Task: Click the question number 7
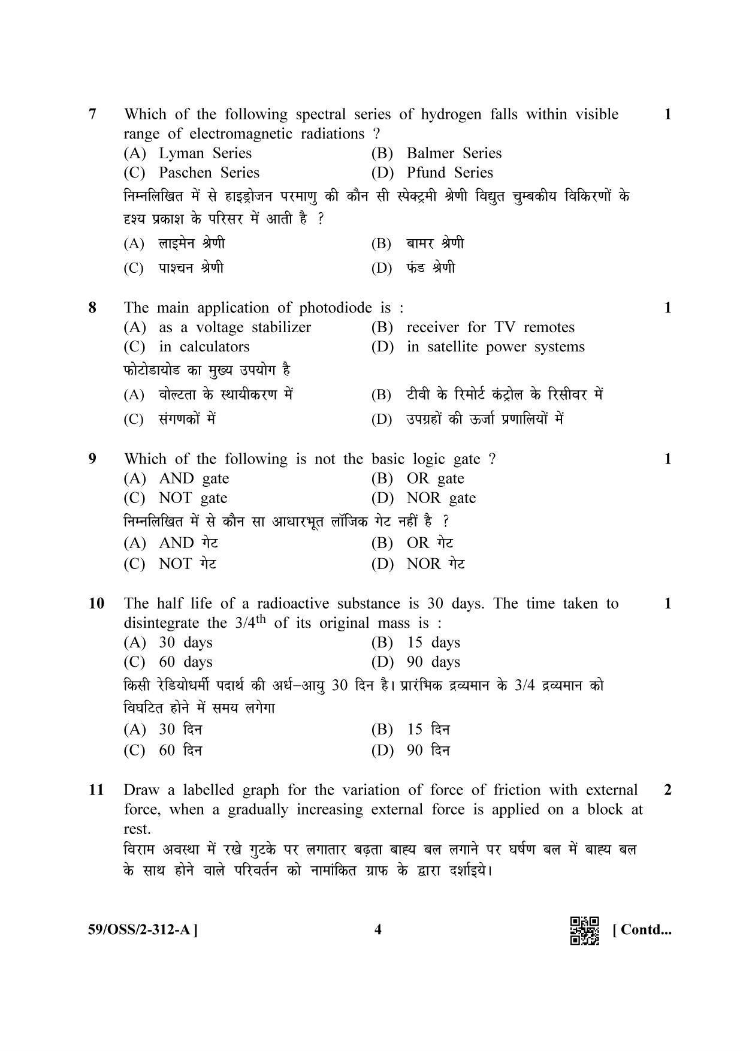pyautogui.click(x=92, y=114)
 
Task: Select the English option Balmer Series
pyautogui.click(x=454, y=153)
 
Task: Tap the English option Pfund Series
pyautogui.click(x=449, y=173)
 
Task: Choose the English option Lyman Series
pyautogui.click(x=205, y=153)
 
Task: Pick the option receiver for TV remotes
pyautogui.click(x=490, y=327)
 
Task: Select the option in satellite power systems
pyautogui.click(x=495, y=347)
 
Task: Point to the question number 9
pyautogui.click(x=92, y=459)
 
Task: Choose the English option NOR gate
pyautogui.click(x=441, y=498)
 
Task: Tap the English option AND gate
pyautogui.click(x=194, y=478)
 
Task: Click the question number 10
pyautogui.click(x=96, y=604)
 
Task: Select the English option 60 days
pyautogui.click(x=185, y=662)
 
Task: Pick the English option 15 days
pyautogui.click(x=433, y=643)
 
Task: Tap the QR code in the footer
pyautogui.click(x=584, y=930)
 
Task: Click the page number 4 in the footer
pyautogui.click(x=377, y=930)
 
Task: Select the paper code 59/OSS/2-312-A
pyautogui.click(x=143, y=930)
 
